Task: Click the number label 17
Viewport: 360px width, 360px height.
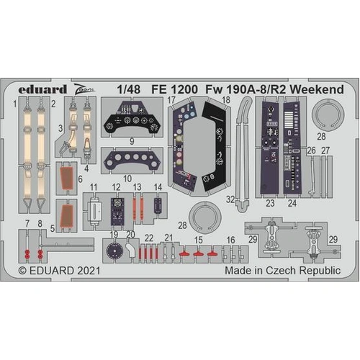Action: [171, 102]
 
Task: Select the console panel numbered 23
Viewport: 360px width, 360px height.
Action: [271, 148]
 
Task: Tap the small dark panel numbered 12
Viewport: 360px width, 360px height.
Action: [117, 211]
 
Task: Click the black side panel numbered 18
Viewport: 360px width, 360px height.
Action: [213, 144]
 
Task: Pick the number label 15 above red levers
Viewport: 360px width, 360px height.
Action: [199, 238]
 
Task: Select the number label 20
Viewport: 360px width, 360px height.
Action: [130, 234]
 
